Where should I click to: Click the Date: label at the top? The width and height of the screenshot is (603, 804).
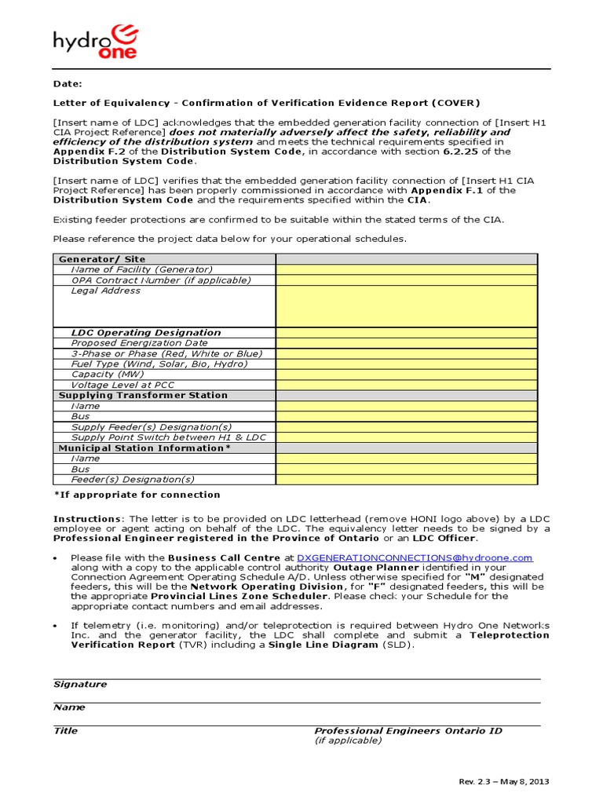(x=68, y=83)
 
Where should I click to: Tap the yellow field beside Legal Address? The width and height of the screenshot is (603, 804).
(x=406, y=306)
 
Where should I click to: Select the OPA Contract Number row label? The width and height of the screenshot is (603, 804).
(x=161, y=280)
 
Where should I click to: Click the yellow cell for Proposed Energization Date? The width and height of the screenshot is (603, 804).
(x=406, y=343)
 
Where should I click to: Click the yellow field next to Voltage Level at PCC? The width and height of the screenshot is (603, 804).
(x=406, y=385)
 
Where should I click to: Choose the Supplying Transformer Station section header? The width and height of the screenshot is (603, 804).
(x=143, y=396)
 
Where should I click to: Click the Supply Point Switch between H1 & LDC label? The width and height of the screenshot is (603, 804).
(x=169, y=437)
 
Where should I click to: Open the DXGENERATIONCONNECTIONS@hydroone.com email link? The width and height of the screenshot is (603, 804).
(x=415, y=557)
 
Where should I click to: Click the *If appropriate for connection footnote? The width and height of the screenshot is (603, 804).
(x=137, y=495)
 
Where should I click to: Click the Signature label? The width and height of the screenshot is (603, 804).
(x=80, y=685)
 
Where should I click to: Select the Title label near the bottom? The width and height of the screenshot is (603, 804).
(x=65, y=731)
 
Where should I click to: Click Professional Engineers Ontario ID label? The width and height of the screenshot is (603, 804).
(x=407, y=731)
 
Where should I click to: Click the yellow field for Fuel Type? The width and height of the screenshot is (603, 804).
(x=406, y=364)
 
